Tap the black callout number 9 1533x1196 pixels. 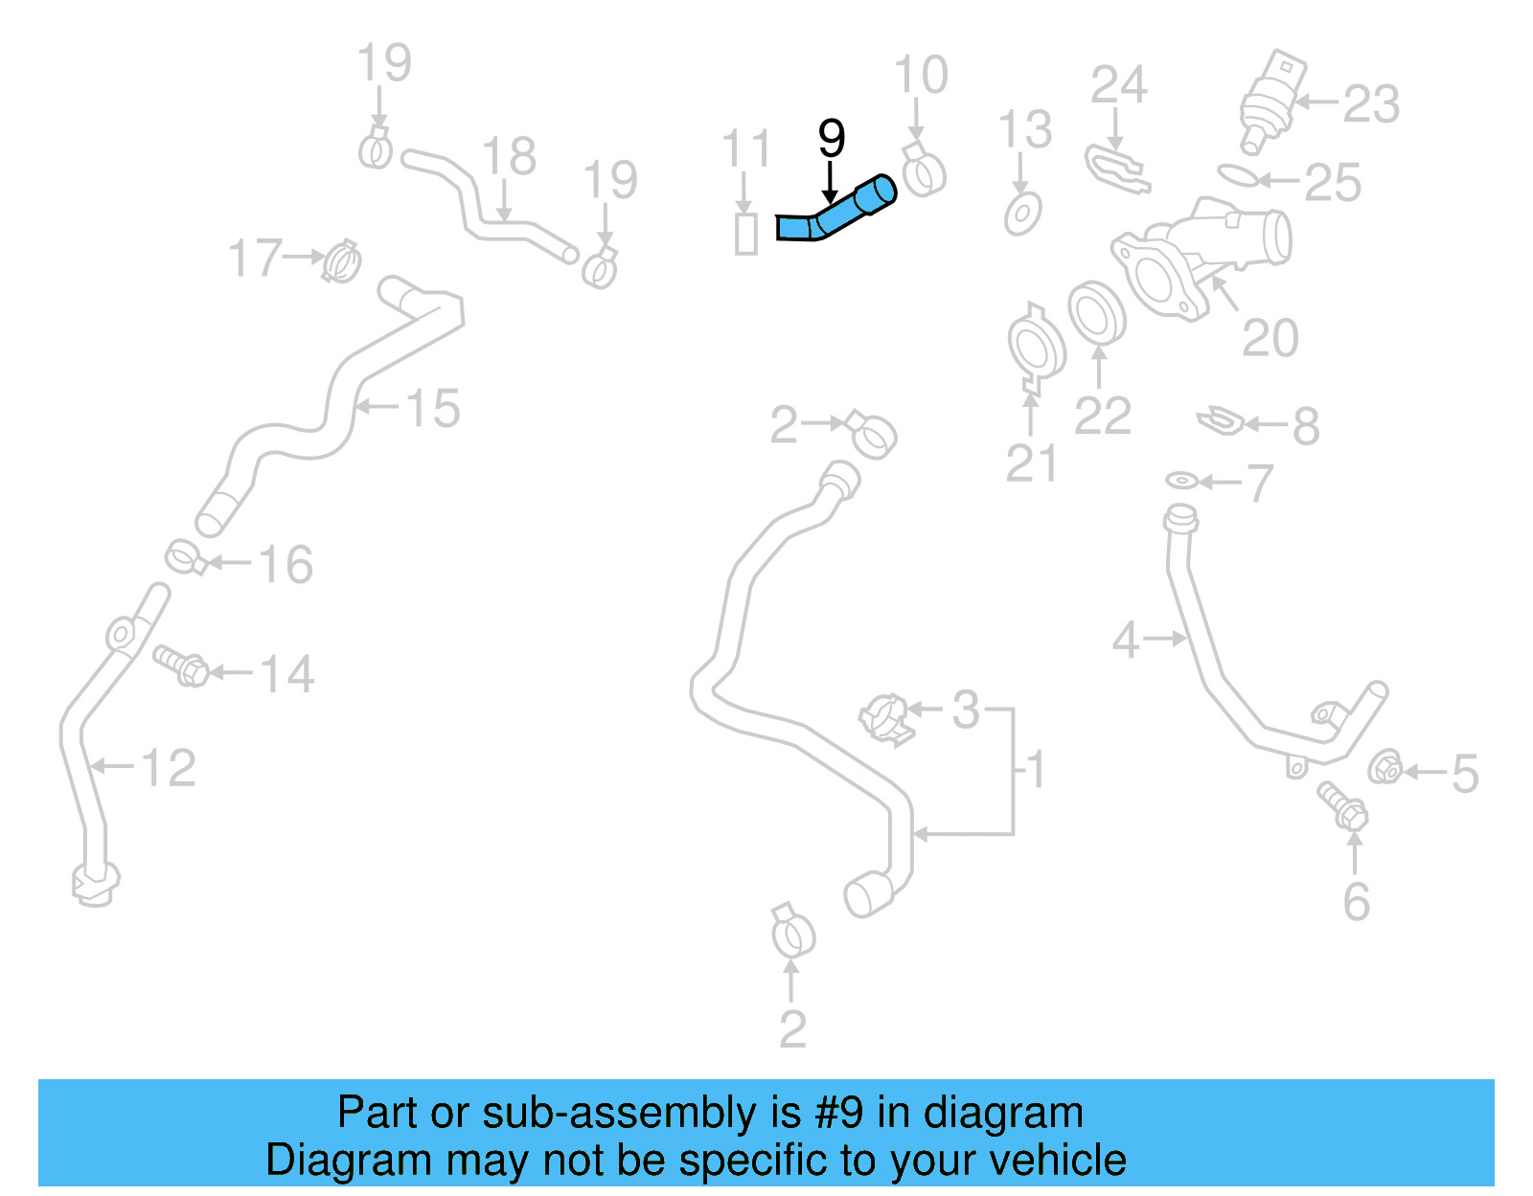pos(831,139)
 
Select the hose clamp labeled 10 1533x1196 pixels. pos(924,170)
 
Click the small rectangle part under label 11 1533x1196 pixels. pos(745,234)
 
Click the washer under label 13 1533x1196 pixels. pos(1023,213)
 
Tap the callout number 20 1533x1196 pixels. pos(1270,337)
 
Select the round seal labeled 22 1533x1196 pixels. pos(1096,312)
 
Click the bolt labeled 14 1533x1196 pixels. pos(182,665)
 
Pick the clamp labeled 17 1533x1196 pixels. pos(341,260)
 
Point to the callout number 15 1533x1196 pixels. pos(433,408)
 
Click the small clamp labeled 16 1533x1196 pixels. pos(185,557)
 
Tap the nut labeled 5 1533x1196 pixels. pos(1384,767)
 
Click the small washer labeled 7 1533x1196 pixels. pos(1181,479)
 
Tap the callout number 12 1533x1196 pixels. pos(169,768)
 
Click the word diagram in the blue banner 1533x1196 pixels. pos(1003,1113)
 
